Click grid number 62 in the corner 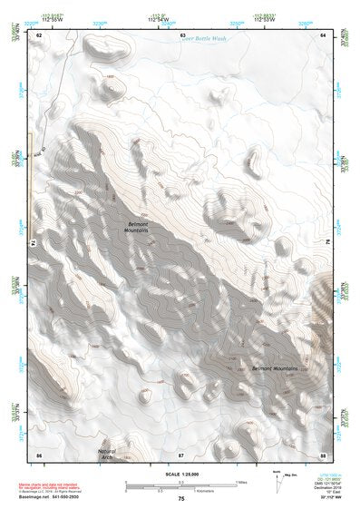[x=39, y=34]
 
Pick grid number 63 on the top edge [x=182, y=34]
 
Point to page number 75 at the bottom [x=181, y=500]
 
